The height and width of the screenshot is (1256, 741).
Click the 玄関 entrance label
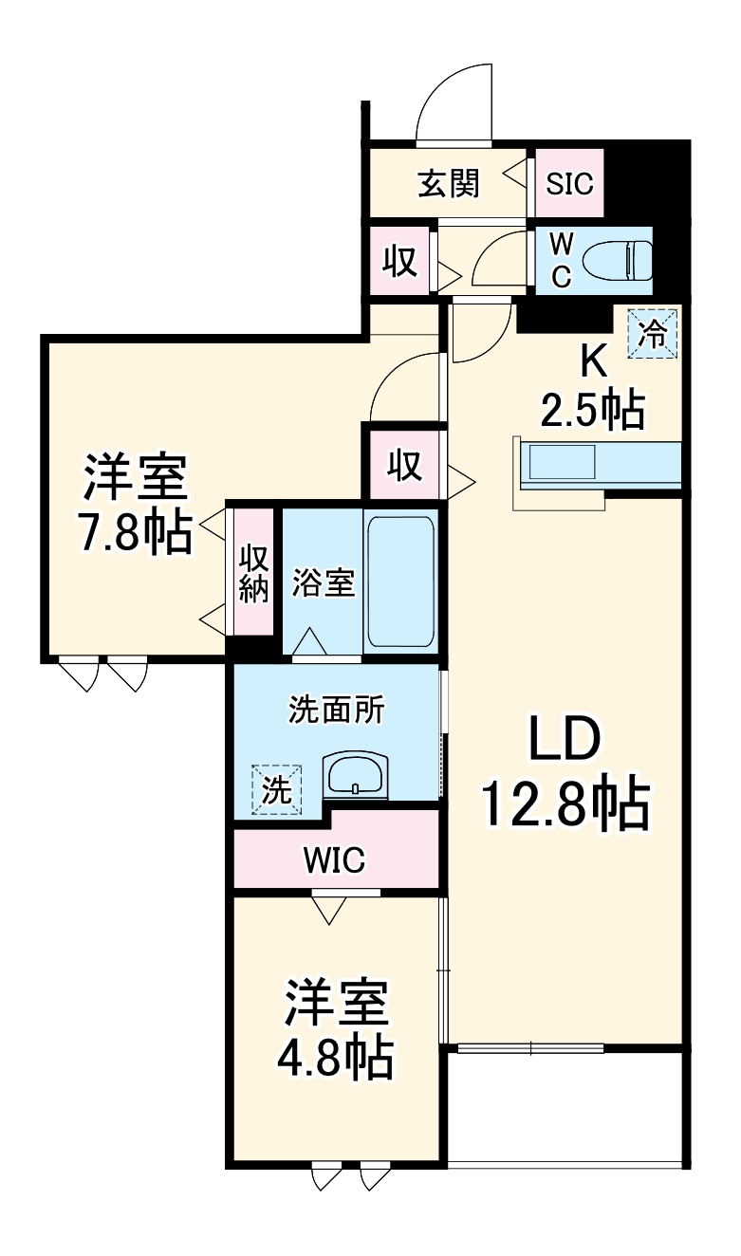449,182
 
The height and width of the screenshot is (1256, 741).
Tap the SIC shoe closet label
569,182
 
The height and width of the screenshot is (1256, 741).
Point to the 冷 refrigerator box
653,333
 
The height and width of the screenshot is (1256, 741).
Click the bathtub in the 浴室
400,581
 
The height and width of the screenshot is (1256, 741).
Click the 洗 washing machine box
276,789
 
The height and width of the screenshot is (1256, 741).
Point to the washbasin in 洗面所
355,775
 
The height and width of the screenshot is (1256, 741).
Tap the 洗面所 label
337,710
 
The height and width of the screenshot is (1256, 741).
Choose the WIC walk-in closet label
334,860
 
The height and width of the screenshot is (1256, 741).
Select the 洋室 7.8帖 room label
134,505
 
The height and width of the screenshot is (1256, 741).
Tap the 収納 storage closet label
253,574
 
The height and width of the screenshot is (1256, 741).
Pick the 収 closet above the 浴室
404,465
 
